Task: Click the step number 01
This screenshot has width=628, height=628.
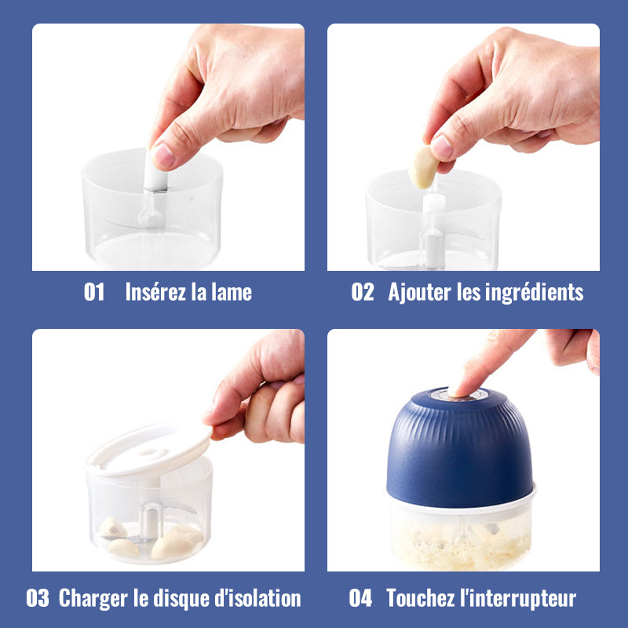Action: (94, 291)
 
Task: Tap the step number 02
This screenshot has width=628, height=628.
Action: (363, 291)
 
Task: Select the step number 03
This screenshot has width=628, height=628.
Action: (38, 598)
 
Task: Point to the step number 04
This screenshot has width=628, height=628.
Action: (360, 598)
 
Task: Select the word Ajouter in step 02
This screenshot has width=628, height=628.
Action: (419, 292)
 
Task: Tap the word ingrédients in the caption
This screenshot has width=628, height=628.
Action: (534, 292)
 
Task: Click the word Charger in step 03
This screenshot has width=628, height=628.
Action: (93, 599)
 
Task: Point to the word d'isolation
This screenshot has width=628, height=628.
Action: (257, 598)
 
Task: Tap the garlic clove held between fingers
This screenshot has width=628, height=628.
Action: (423, 167)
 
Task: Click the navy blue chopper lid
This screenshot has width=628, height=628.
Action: (460, 448)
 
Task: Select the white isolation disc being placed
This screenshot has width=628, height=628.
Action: (149, 448)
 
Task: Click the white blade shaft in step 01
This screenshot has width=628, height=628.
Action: (155, 176)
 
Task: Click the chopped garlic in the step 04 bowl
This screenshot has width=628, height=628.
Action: (461, 545)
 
